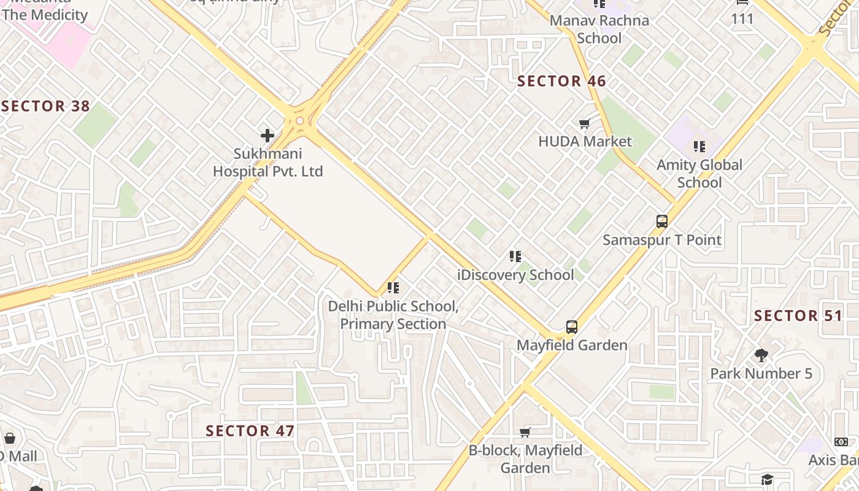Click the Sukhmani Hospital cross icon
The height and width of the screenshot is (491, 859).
tap(268, 135)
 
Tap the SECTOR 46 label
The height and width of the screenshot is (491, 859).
tap(561, 81)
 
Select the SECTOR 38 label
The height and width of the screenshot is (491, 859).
tap(46, 106)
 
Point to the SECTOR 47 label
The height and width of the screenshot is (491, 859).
tap(250, 431)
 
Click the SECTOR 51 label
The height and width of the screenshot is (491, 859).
tap(798, 316)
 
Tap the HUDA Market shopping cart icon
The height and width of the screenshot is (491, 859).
tap(585, 124)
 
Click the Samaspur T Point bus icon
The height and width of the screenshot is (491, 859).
tap(661, 222)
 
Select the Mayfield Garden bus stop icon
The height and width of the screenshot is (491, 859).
tap(572, 327)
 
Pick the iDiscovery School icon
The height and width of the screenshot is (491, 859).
tap(515, 257)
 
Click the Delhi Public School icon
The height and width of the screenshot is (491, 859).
tap(393, 287)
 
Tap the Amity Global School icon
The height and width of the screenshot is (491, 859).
tap(699, 147)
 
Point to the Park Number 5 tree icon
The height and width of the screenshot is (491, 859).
tap(761, 355)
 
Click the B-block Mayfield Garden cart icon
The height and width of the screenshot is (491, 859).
tap(525, 432)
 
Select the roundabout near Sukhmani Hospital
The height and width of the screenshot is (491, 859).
tap(300, 121)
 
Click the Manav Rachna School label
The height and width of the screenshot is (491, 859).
tap(599, 29)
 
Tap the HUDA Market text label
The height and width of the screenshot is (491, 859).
tap(585, 142)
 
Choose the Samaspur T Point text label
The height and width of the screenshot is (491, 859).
tap(661, 240)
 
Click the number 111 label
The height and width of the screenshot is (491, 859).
tap(742, 19)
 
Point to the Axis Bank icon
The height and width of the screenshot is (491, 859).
tap(841, 442)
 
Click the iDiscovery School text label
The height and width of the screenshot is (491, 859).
tap(515, 275)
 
